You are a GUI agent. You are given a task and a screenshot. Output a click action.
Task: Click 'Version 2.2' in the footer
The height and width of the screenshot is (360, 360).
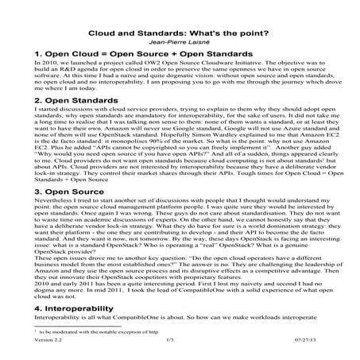29,340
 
